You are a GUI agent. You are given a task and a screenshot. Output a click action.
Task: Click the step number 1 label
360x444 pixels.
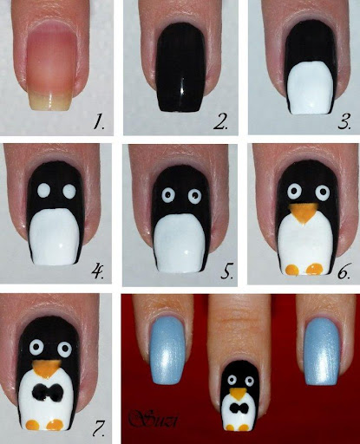point(99,121)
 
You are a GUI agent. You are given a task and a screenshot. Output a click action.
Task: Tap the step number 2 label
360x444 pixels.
point(220,121)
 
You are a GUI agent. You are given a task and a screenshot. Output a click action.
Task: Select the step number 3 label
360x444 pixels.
point(344,121)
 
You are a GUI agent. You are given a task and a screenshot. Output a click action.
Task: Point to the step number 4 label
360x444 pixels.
point(98,271)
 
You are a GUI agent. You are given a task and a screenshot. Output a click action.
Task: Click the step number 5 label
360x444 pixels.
point(227,271)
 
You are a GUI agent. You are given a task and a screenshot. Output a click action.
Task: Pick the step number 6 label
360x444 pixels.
point(344,271)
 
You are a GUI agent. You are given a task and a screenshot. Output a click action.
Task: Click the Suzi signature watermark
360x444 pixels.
point(154,418)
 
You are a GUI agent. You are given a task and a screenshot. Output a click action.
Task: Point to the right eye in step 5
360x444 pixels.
point(194,196)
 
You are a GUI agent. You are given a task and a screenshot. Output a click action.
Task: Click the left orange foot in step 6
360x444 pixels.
point(291,270)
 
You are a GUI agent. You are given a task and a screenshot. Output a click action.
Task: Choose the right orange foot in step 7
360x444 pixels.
point(55,425)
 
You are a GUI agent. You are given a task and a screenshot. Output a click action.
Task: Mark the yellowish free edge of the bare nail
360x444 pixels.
point(49,101)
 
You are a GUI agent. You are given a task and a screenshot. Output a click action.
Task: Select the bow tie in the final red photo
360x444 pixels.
point(239,408)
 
